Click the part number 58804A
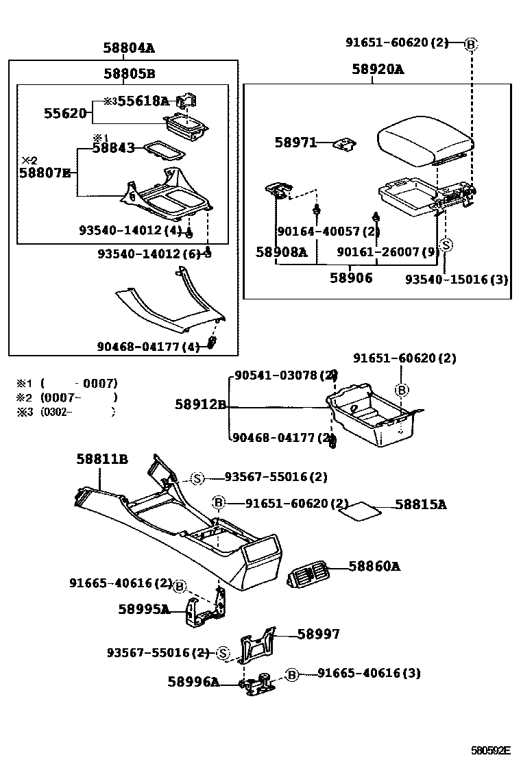click(129, 48)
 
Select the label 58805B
click(129, 73)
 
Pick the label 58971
click(295, 143)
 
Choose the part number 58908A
click(281, 251)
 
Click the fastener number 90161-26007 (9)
click(387, 251)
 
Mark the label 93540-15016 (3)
click(456, 279)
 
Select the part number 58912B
click(200, 404)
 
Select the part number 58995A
click(143, 609)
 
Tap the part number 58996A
click(193, 681)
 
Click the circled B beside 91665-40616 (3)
click(292, 675)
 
